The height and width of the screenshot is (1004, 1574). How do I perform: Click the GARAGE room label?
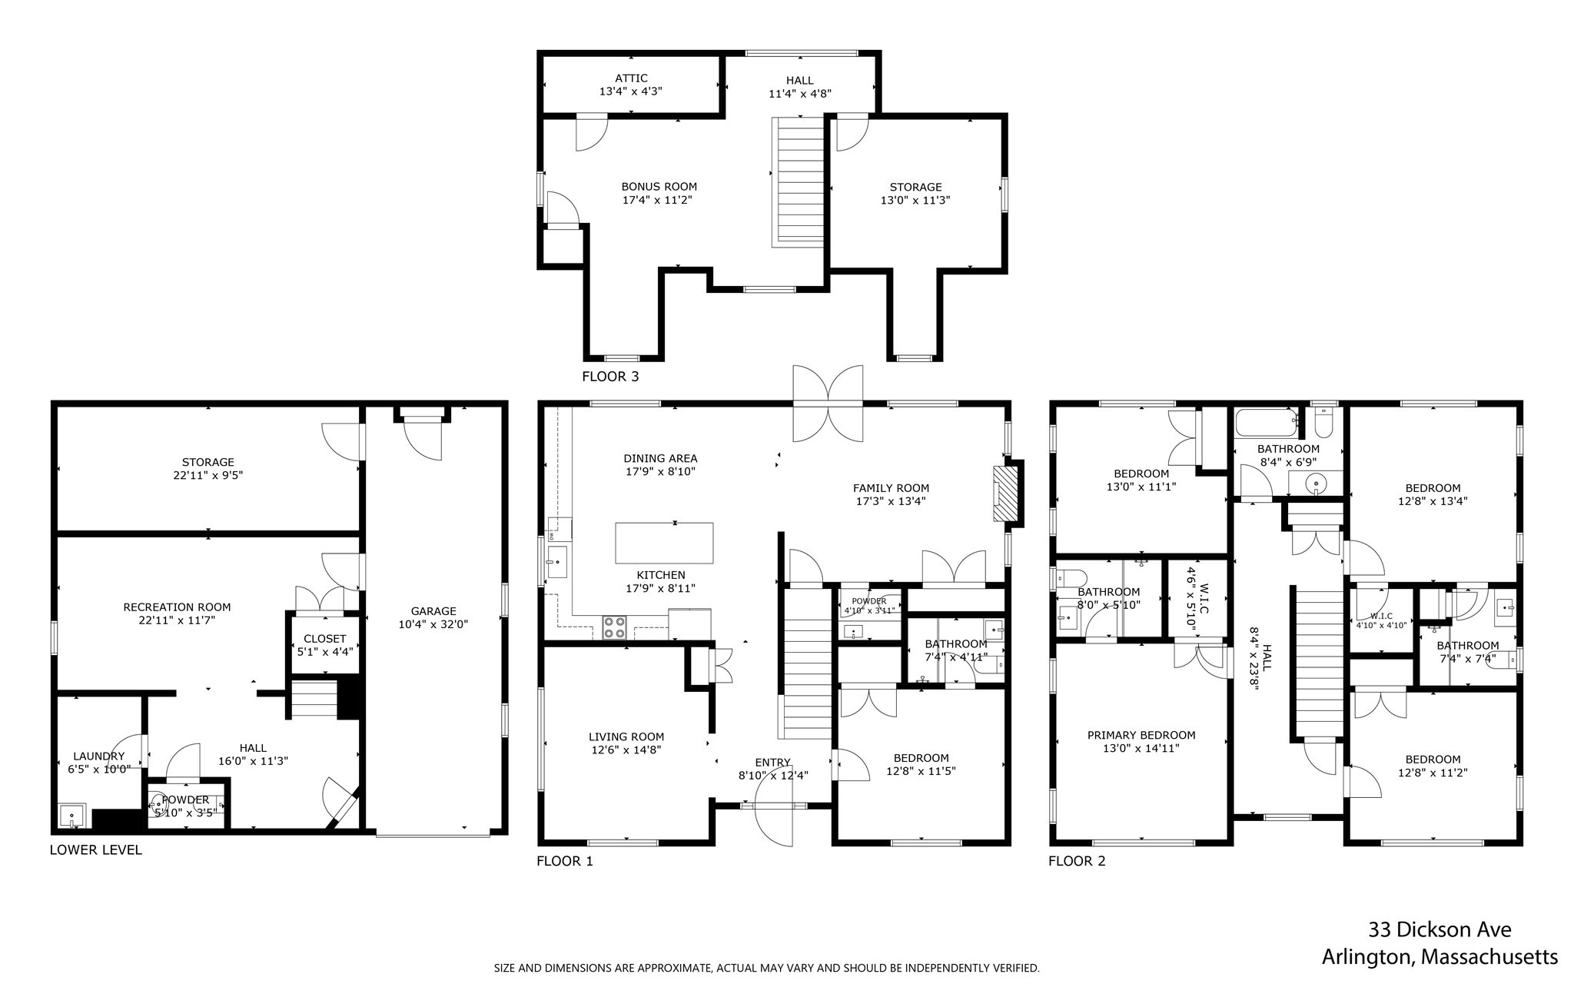(x=433, y=611)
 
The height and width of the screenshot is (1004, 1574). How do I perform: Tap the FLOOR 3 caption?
(x=610, y=377)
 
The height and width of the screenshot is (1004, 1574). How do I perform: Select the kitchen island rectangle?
(x=664, y=543)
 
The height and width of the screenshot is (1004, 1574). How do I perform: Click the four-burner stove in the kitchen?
(x=614, y=627)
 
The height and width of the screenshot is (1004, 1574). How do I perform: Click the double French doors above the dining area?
(x=828, y=404)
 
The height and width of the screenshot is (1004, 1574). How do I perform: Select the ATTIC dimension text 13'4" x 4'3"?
(x=631, y=91)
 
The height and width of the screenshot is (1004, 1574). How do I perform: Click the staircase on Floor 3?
(x=799, y=181)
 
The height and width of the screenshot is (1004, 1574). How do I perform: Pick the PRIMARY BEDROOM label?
(x=1141, y=735)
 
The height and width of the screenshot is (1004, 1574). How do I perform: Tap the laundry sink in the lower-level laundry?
(x=73, y=815)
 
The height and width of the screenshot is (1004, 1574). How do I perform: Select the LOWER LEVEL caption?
(x=96, y=849)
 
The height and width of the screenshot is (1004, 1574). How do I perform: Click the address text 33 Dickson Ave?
(x=1440, y=929)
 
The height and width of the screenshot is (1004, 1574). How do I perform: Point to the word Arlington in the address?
(x=1366, y=957)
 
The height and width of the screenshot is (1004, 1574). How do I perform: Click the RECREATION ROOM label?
(x=177, y=607)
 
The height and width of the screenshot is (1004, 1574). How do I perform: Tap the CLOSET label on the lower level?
(x=325, y=639)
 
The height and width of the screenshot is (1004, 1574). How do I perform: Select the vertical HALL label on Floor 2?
(x=1262, y=658)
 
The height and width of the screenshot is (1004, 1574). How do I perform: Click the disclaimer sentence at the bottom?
(x=766, y=968)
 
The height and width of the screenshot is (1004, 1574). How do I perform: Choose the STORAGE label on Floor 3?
(x=915, y=187)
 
